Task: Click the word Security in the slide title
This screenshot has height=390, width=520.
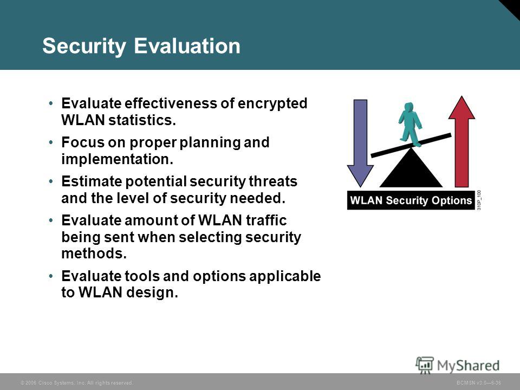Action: pos(84,46)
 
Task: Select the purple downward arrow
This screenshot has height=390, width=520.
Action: pos(360,143)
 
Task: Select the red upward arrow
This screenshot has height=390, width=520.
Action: pos(461,141)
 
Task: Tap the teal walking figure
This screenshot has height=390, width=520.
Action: pos(410,124)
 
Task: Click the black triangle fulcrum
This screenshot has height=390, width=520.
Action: pos(411,168)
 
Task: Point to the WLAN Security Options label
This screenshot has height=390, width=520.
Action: pos(411,200)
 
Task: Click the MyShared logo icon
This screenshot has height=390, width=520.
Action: pos(425,365)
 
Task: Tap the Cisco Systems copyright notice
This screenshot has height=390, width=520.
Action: pos(77,383)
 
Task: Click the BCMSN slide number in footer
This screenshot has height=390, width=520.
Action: pos(478,383)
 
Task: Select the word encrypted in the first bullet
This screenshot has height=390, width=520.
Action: pos(272,104)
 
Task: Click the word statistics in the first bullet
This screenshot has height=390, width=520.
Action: pos(142,120)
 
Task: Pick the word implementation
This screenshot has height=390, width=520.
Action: pos(118,159)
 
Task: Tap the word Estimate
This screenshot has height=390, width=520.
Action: pos(91,181)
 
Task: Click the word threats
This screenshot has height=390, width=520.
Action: pos(273,181)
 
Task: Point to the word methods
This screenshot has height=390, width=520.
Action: pos(94,253)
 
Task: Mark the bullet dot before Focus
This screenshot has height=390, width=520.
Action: pos(51,142)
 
